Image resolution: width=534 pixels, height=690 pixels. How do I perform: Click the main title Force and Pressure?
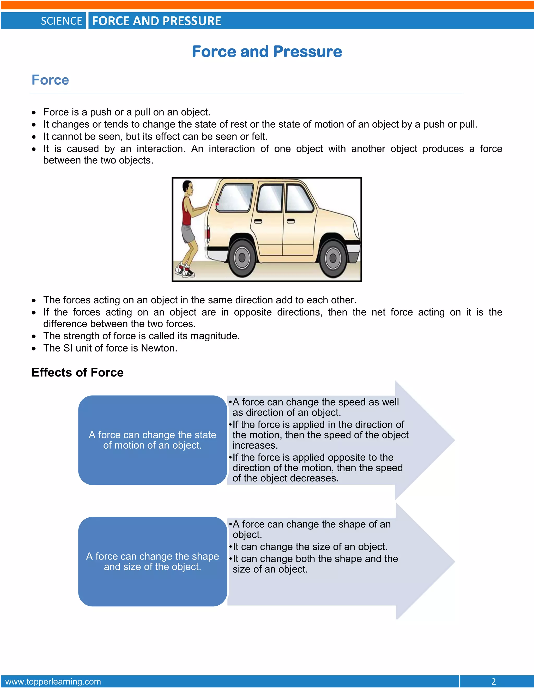(x=267, y=52)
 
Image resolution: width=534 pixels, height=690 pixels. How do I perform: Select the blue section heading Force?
(x=50, y=80)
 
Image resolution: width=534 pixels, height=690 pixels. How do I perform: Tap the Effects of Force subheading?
(x=77, y=373)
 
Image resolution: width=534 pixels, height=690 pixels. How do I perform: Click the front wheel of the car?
(x=332, y=258)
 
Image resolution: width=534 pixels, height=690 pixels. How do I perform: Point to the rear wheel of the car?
(x=242, y=258)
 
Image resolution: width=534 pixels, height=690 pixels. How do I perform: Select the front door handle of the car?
(x=291, y=221)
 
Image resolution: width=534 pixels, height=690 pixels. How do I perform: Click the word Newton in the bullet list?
(x=159, y=348)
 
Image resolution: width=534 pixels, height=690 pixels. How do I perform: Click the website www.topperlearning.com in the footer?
(x=53, y=681)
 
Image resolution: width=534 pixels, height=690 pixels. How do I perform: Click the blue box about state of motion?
(x=153, y=440)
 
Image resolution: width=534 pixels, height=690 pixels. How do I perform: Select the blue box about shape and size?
(x=153, y=561)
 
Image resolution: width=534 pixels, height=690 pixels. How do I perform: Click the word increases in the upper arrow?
(x=255, y=446)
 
